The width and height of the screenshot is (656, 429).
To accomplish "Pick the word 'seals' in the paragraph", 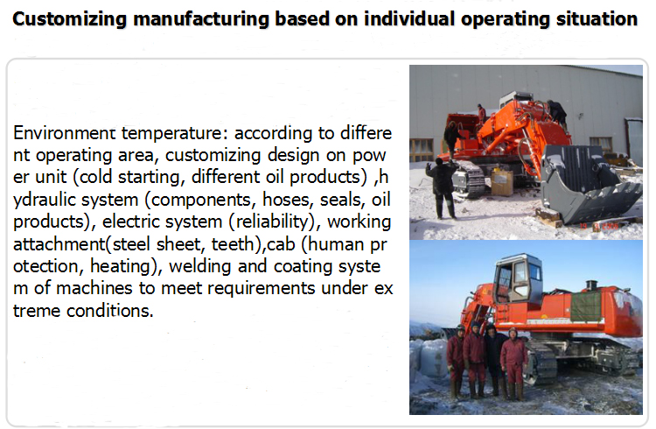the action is (x=343, y=200).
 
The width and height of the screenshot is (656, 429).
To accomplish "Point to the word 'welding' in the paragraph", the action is (x=200, y=266).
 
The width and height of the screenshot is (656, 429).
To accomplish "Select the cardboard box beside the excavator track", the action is (x=502, y=182).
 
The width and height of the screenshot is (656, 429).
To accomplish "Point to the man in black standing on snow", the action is (x=443, y=188).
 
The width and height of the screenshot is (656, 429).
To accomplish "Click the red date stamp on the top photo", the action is (x=599, y=226).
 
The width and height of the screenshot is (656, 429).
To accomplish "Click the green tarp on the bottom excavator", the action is (x=586, y=306).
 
